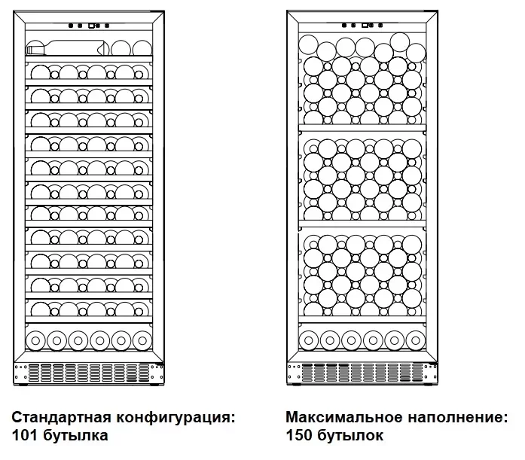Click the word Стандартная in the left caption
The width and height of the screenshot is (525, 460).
coord(61,418)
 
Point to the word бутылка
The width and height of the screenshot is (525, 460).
coord(75,436)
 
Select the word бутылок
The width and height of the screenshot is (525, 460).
coord(350,436)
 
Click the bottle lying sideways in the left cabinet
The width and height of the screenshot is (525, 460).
coord(68,48)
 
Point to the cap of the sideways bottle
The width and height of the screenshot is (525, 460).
coord(30,50)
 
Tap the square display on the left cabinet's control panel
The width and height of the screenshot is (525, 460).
coord(91,26)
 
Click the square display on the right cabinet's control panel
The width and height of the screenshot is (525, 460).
coord(365,26)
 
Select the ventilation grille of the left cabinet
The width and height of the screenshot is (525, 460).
coord(89,373)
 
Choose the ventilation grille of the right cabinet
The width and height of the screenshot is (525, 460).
coord(362,373)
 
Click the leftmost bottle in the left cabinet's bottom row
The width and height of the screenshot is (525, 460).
coord(35,341)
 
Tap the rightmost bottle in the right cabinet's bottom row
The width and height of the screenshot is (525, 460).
coord(416,340)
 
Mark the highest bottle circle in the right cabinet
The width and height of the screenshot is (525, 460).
coord(400,42)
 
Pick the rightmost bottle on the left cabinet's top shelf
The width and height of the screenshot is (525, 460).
coord(142,48)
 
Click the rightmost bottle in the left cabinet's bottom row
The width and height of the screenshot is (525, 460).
coord(142,341)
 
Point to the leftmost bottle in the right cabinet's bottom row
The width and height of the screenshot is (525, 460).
coord(309,340)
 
